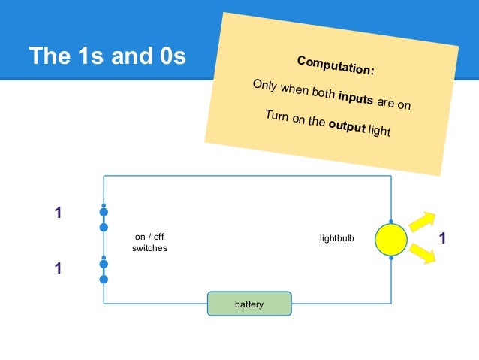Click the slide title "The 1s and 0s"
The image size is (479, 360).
[x=107, y=56]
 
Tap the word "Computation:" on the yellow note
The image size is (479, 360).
[x=335, y=65]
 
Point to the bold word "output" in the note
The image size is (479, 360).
[x=346, y=126]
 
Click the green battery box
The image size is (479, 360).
[x=249, y=304]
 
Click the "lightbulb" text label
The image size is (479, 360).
[x=336, y=239]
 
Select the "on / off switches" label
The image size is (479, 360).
[x=149, y=243]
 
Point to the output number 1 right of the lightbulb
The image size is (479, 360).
[x=442, y=239]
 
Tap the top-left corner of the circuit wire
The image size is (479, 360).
[x=104, y=177]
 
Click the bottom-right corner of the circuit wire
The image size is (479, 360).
[x=391, y=303]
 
